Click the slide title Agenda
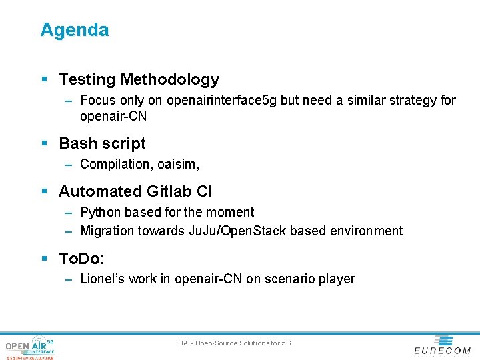click(x=74, y=30)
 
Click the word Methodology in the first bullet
click(x=169, y=79)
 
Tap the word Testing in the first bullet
click(x=87, y=79)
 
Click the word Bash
click(x=75, y=143)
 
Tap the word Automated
click(x=95, y=191)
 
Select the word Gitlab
click(x=164, y=191)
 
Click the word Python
click(x=101, y=213)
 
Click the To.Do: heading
click(x=81, y=258)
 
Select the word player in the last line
click(x=337, y=279)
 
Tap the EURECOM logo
click(x=442, y=345)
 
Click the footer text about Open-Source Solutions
click(x=235, y=343)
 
